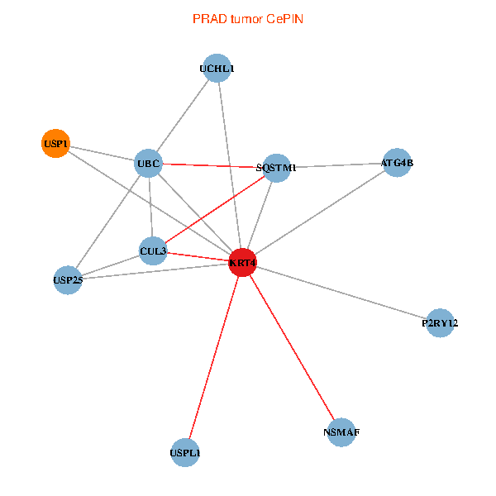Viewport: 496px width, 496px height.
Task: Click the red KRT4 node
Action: coord(242,263)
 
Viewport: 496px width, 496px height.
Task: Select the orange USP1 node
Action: coord(55,144)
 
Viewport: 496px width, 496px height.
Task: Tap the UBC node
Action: coord(149,164)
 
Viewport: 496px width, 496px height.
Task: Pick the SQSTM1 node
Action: coord(276,168)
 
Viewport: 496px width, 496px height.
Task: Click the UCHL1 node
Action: coord(217,69)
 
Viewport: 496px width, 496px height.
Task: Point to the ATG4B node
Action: coord(397,163)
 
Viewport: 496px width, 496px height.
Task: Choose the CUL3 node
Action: coord(153,250)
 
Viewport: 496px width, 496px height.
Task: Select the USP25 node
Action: coord(67,279)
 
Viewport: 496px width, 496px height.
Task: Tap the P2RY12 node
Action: coord(440,323)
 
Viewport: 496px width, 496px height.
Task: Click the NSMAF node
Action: coord(341,432)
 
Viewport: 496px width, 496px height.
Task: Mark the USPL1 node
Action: coord(185,453)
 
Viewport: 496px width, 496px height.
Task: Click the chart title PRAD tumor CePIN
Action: coord(247,18)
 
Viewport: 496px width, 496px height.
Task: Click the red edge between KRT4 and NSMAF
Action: coord(292,347)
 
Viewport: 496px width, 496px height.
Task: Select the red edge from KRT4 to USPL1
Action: coord(213,358)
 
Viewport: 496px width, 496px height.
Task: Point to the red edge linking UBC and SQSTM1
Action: coord(212,166)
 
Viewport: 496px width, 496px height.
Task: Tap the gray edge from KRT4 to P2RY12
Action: coord(341,293)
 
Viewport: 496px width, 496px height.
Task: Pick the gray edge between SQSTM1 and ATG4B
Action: coord(336,165)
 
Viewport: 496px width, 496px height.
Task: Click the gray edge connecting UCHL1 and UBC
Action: coord(184,116)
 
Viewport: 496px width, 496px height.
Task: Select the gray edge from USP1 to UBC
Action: coord(102,154)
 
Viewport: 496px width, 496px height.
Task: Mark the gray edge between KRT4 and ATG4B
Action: coord(319,213)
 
